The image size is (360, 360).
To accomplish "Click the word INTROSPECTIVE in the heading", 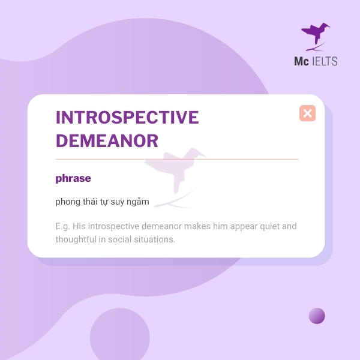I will (127, 118).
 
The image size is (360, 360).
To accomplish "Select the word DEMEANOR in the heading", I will (107, 141).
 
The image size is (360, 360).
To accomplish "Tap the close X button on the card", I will (307, 113).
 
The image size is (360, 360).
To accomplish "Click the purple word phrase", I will (73, 178).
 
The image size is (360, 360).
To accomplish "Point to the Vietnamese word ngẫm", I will (138, 202).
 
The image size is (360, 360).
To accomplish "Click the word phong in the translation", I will (67, 202).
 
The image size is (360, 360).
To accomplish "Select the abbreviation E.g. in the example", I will (62, 226).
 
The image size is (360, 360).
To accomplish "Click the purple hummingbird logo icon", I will (316, 36).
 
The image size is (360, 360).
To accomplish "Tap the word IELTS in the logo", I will (324, 61).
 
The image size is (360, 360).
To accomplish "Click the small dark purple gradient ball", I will (317, 316).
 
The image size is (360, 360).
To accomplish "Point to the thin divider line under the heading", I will (176, 159).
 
